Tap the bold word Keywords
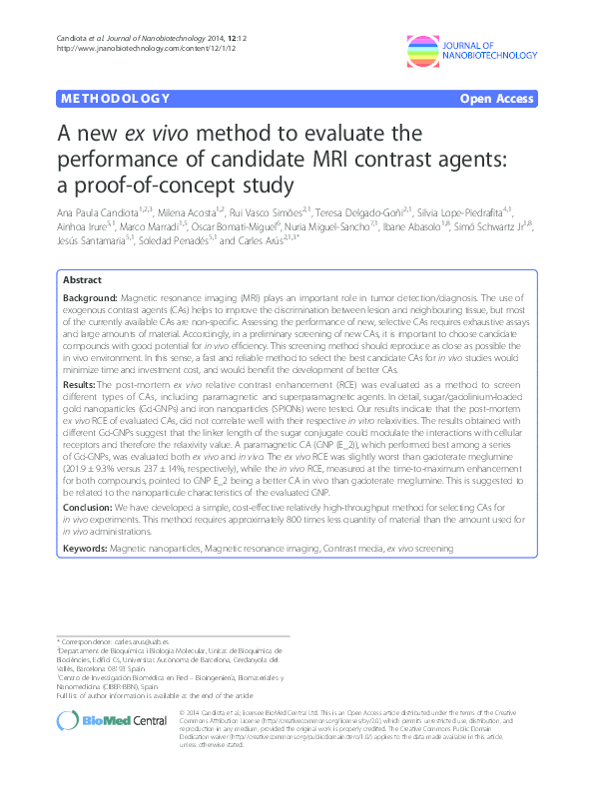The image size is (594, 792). pyautogui.click(x=86, y=549)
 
